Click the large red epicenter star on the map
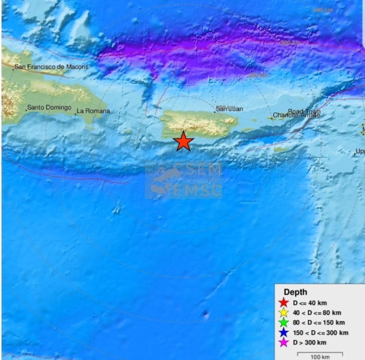pyautogui.click(x=183, y=142)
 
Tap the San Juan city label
pyautogui.click(x=230, y=109)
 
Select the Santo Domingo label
pyautogui.click(x=49, y=108)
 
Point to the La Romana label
pyautogui.click(x=93, y=111)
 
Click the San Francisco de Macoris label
pyautogui.click(x=51, y=67)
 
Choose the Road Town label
pyautogui.click(x=304, y=112)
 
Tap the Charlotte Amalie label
pyautogui.click(x=296, y=115)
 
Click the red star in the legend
pyautogui.click(x=284, y=303)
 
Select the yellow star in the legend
pyautogui.click(x=284, y=313)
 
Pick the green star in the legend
pyautogui.click(x=284, y=322)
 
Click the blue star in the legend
pyautogui.click(x=284, y=332)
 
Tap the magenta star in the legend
pyautogui.click(x=284, y=342)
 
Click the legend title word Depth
pyautogui.click(x=295, y=292)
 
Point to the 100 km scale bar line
pyautogui.click(x=320, y=353)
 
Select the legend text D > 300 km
pyautogui.click(x=309, y=342)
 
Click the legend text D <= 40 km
pyautogui.click(x=310, y=303)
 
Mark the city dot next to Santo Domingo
pyautogui.click(x=26, y=110)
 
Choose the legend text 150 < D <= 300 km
pyautogui.click(x=320, y=332)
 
